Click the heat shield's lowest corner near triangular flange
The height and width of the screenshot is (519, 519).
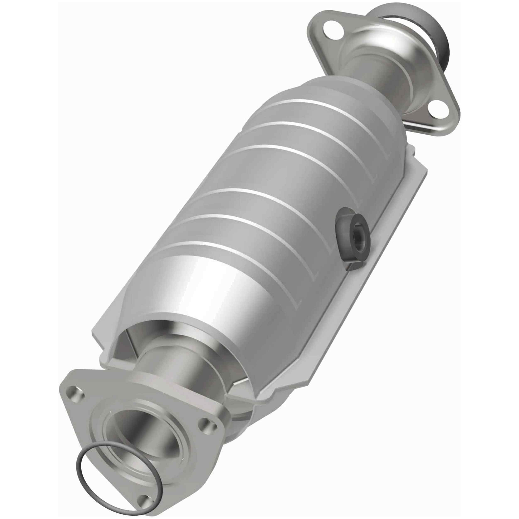tap(258, 403)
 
